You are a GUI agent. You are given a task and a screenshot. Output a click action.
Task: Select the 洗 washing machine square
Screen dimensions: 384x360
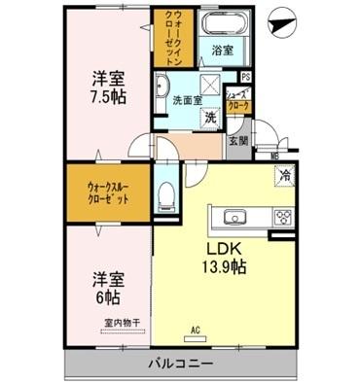(209, 116)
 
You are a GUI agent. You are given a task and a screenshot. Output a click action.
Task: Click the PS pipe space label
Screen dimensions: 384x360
(245, 77)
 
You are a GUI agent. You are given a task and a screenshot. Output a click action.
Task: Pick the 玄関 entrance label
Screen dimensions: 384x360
(238, 140)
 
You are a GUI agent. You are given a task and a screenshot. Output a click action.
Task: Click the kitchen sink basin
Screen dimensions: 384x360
(236, 216)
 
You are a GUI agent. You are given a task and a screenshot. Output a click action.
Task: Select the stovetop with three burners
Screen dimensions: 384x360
(283, 216)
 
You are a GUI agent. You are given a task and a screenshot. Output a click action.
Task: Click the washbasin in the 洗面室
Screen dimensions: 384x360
(162, 85)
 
